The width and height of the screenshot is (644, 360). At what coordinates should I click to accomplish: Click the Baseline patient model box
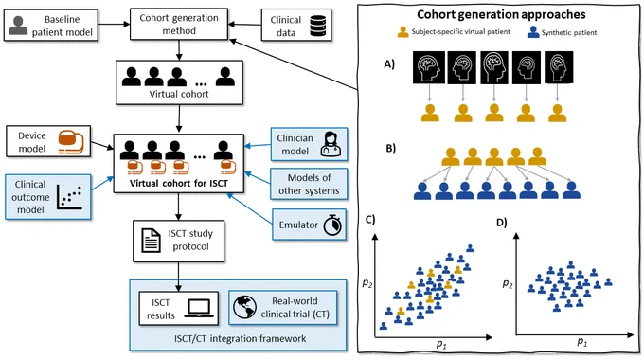(51, 26)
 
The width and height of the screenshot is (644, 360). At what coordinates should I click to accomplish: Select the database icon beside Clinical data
(317, 26)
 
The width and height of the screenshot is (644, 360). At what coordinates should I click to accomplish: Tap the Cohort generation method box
(179, 25)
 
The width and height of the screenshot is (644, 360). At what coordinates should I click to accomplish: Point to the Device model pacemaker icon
(71, 142)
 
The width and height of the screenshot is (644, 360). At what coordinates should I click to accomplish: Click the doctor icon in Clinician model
(331, 144)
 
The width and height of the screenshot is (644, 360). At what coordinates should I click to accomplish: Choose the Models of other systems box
(309, 184)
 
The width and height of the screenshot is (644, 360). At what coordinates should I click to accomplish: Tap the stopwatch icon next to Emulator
(332, 225)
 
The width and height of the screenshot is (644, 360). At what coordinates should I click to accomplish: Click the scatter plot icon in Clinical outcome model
(69, 197)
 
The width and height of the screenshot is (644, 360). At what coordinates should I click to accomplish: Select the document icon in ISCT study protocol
(151, 241)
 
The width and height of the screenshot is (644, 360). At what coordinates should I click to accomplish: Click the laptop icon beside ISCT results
(199, 308)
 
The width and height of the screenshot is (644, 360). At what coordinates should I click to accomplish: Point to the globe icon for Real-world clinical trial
(244, 307)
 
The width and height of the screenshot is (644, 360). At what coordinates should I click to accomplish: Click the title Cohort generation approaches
(501, 14)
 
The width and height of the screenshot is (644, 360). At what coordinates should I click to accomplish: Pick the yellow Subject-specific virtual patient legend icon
(403, 32)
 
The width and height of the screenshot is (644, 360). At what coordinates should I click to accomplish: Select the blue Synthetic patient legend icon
(533, 32)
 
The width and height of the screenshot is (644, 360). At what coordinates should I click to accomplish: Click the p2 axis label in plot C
(367, 282)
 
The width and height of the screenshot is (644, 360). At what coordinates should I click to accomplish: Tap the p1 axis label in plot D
(582, 341)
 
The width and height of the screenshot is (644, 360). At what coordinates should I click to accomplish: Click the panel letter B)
(390, 148)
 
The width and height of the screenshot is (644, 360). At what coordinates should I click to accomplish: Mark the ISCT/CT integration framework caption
(240, 338)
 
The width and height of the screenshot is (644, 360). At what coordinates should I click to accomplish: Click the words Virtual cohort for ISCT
(179, 183)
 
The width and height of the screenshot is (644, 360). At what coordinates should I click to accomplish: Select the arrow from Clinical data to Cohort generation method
(244, 25)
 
